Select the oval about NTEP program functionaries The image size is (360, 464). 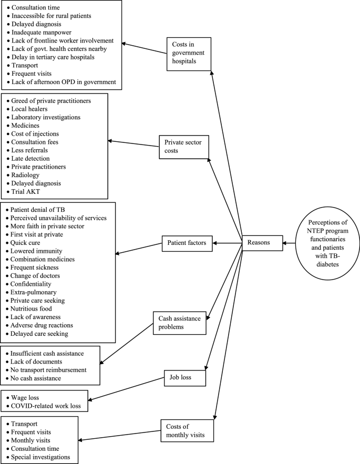[x=321, y=243]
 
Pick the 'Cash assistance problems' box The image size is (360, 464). [x=179, y=323]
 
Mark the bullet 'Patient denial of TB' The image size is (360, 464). [x=39, y=210]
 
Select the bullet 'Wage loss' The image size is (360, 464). [x=27, y=398]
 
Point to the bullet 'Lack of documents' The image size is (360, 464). [x=36, y=362]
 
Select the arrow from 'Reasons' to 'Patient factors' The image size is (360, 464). [x=225, y=243]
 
